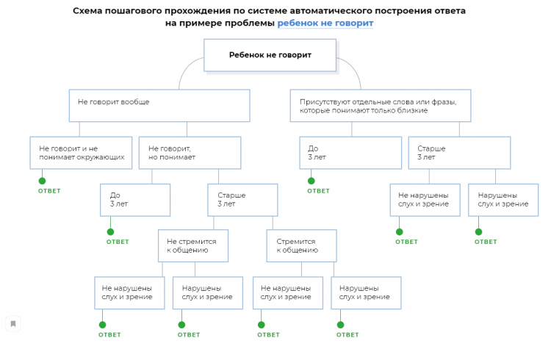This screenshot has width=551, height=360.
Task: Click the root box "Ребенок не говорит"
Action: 270,55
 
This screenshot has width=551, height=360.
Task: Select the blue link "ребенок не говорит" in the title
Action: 325,23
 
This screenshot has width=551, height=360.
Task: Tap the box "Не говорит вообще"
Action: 159,105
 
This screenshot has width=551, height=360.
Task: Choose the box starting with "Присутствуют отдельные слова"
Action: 380,105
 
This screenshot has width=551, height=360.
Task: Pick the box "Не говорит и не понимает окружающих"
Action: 82,153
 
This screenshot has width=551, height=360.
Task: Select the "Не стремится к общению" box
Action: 192,245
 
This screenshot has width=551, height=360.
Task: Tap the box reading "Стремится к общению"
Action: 301,245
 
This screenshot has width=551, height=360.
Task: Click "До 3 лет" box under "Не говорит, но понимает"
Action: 135,199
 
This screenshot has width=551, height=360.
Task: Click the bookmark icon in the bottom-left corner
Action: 13,323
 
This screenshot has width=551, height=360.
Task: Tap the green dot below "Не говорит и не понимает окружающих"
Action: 43,181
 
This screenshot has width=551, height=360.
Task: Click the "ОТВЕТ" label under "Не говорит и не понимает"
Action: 49,191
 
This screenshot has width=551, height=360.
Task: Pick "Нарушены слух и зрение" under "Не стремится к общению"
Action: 207,292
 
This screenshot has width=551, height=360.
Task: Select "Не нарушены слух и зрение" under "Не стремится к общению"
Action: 129,292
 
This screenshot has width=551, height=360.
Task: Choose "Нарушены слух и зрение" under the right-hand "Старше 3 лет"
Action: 503,199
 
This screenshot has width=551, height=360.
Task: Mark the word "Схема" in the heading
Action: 90,11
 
